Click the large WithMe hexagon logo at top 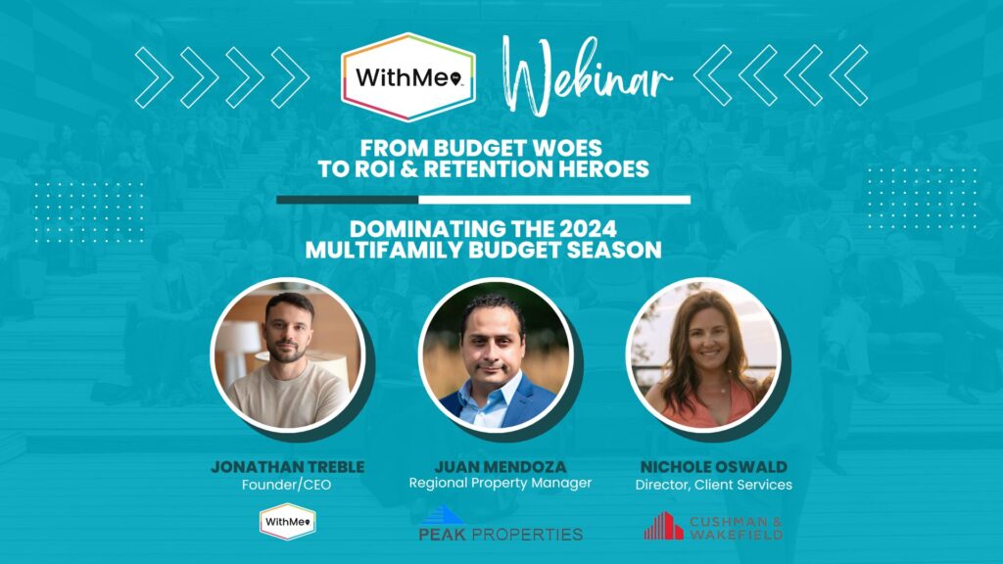click(x=408, y=76)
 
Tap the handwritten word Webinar click(x=586, y=75)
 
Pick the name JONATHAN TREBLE click(x=288, y=467)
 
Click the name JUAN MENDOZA click(x=501, y=467)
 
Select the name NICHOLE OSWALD click(x=714, y=467)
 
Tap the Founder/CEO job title click(x=287, y=485)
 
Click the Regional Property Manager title click(x=501, y=484)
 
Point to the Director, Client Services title click(x=714, y=485)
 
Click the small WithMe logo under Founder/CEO click(x=287, y=522)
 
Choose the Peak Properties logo click(x=501, y=524)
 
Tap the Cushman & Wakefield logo click(x=713, y=526)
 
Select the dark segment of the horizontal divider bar click(x=348, y=200)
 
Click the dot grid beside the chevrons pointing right click(x=89, y=212)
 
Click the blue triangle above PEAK click(x=443, y=515)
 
